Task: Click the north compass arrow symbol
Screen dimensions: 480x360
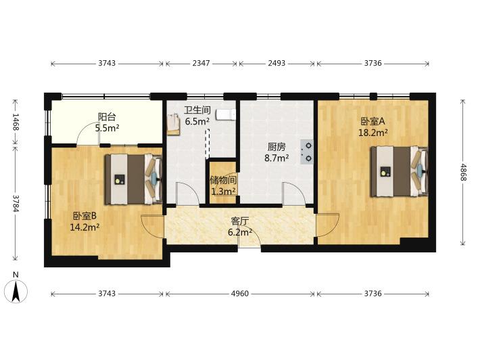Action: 16,291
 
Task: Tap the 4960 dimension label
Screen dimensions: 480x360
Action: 240,294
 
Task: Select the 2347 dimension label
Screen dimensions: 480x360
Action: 201,63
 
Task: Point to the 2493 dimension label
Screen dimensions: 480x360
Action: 277,63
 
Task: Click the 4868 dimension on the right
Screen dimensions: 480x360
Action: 463,172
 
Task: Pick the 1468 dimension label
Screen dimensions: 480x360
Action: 16,122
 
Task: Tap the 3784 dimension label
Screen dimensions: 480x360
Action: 16,204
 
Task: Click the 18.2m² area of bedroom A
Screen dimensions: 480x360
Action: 373,133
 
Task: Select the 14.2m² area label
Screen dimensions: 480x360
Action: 85,227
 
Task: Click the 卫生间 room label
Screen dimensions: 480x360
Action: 197,110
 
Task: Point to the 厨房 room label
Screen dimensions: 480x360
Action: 277,148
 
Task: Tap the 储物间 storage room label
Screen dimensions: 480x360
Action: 223,180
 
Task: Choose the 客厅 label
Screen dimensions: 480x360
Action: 240,221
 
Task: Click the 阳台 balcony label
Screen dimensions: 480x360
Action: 107,117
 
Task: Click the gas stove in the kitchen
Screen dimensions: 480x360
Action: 307,152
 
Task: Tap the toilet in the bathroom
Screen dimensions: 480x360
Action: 226,114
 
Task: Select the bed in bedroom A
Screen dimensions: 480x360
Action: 399,171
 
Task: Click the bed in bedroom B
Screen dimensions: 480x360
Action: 133,179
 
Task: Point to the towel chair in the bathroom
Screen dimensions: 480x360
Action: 173,124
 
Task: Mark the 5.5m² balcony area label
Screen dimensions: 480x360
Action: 107,128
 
